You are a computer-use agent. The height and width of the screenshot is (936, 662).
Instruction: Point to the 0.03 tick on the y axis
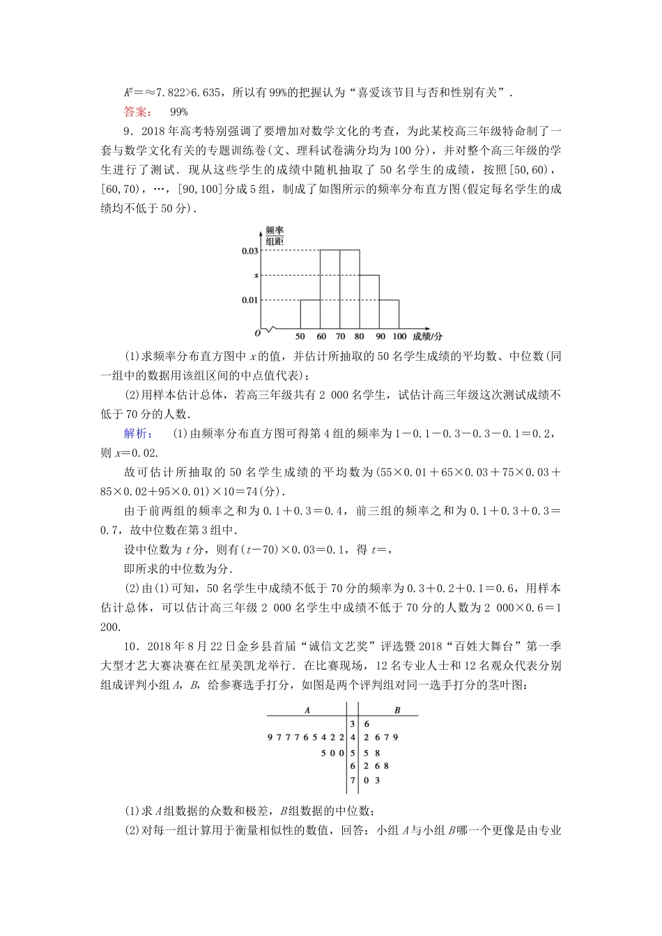[x=249, y=250]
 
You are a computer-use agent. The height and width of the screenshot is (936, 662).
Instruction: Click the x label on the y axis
[x=256, y=275]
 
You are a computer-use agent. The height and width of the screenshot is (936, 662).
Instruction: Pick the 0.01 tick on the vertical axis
[x=249, y=300]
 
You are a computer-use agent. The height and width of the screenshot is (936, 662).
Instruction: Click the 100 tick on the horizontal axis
[x=400, y=336]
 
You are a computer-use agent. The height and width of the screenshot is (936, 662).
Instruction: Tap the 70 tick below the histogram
[x=340, y=336]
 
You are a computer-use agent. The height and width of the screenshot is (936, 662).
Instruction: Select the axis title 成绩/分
[x=427, y=336]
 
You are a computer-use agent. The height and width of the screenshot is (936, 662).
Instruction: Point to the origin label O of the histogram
[x=257, y=334]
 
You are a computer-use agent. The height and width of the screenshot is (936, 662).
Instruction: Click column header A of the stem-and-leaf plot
[x=307, y=710]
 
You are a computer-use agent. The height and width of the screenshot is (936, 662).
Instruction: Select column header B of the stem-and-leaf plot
[x=397, y=710]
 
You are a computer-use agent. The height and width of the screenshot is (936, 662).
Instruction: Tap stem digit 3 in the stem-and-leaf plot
[x=353, y=724]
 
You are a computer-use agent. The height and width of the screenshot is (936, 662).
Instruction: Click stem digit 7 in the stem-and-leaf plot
[x=353, y=780]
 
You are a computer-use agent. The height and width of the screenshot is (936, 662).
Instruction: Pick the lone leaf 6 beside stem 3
[x=366, y=724]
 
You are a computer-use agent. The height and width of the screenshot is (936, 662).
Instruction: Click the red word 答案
[x=135, y=111]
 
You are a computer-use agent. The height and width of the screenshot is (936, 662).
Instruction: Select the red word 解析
[x=135, y=433]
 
